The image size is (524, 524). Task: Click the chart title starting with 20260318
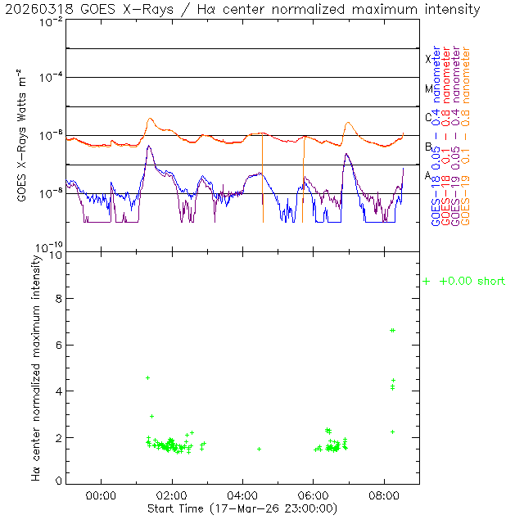(x=243, y=10)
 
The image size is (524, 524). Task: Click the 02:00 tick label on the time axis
(x=172, y=495)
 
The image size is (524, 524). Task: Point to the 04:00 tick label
(x=243, y=495)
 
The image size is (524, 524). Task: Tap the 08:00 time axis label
(x=384, y=495)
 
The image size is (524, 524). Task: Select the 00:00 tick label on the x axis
(x=102, y=495)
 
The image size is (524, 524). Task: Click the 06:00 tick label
(x=314, y=495)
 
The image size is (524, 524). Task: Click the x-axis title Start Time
(x=243, y=508)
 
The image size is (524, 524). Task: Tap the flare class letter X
(x=428, y=59)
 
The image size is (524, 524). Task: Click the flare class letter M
(x=428, y=88)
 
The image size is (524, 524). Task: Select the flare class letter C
(x=428, y=117)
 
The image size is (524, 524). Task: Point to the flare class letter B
(x=428, y=147)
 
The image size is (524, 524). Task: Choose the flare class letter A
(x=428, y=175)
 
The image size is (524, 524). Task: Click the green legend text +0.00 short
(x=472, y=282)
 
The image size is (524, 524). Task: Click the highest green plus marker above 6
(x=393, y=330)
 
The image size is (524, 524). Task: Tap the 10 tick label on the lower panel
(x=56, y=255)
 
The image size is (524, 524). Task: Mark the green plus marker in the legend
(x=427, y=282)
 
